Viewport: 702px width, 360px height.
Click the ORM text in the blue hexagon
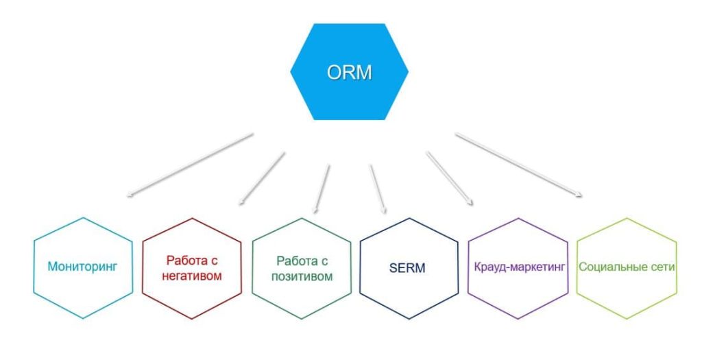pos(349,73)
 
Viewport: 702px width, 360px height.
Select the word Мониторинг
pos(82,267)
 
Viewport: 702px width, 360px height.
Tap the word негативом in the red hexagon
pos(192,276)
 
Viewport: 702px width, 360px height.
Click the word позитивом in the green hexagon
pos(302,276)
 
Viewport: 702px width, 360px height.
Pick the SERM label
pos(407,268)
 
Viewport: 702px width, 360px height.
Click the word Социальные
pos(613,267)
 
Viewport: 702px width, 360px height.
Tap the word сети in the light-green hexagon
pos(663,267)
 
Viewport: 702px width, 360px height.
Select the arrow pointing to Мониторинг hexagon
pos(191,165)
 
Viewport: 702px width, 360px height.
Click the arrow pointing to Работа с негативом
pos(262,178)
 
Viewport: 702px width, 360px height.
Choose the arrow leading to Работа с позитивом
pos(322,188)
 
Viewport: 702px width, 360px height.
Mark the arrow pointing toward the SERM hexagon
pos(378,189)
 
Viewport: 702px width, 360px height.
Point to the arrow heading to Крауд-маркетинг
pos(450,178)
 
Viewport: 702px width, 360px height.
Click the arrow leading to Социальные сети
pos(519,165)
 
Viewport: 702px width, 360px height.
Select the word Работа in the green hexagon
pos(296,261)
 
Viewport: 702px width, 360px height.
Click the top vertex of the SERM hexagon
pos(409,219)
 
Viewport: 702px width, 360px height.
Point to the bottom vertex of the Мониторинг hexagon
pos(83,319)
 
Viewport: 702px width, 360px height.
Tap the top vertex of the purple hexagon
pos(518,219)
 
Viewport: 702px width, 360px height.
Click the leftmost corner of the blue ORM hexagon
pos(290,71)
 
